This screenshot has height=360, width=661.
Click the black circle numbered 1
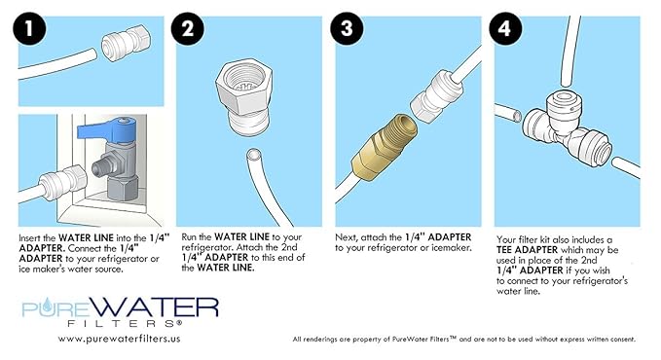[x=29, y=28]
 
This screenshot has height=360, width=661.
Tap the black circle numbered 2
[x=188, y=28]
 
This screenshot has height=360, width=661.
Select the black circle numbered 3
[x=347, y=28]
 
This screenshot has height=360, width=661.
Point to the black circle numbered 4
[x=505, y=28]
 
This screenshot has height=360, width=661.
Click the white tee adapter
[x=565, y=129]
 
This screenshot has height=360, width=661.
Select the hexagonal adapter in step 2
[x=243, y=98]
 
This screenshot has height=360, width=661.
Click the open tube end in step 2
[x=254, y=155]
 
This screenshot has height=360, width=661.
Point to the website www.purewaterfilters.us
[x=120, y=339]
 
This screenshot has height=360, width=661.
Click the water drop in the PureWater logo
[x=48, y=304]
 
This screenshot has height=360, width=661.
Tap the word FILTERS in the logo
[x=125, y=324]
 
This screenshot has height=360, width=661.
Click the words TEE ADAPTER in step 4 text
[x=527, y=250]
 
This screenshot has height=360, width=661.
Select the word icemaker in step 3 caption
[x=451, y=248]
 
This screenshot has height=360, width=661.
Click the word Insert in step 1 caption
[x=31, y=238]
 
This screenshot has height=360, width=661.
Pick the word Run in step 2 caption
[x=189, y=237]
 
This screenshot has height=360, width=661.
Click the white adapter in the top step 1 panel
[x=126, y=43]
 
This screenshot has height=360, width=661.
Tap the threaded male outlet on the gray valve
[x=101, y=167]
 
